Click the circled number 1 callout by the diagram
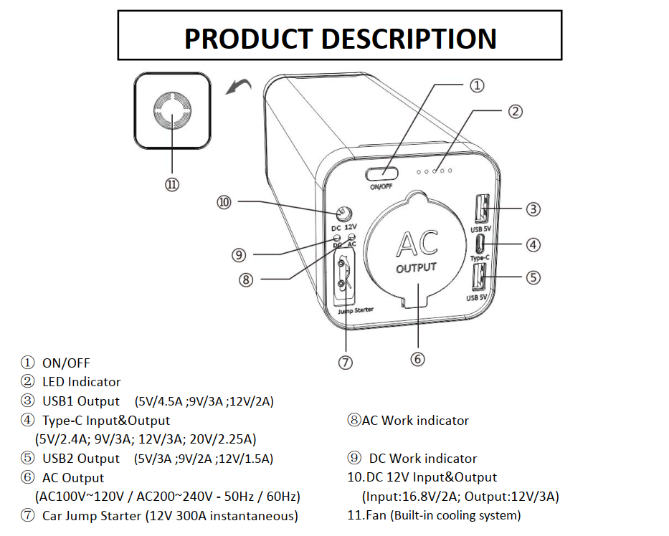pyautogui.click(x=478, y=86)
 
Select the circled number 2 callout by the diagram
pyautogui.click(x=516, y=111)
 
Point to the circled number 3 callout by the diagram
pyautogui.click(x=533, y=209)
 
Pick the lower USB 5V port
pyautogui.click(x=478, y=275)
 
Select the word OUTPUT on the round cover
pyautogui.click(x=416, y=268)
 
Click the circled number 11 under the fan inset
pyautogui.click(x=172, y=184)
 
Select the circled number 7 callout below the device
pyautogui.click(x=346, y=362)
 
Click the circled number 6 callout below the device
pyautogui.click(x=418, y=358)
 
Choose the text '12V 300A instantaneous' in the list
pyautogui.click(x=222, y=516)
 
